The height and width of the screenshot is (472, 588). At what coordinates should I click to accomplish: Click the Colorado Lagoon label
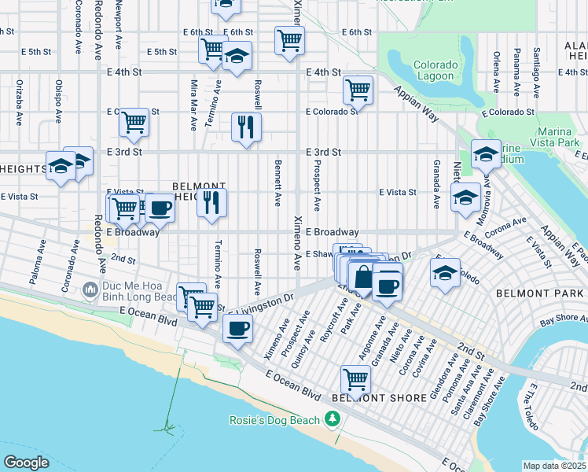[434, 70]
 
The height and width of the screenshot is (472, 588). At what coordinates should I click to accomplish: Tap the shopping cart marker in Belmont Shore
[356, 381]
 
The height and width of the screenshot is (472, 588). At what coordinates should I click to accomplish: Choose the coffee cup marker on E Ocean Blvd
[237, 329]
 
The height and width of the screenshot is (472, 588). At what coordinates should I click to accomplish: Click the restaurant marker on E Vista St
[211, 201]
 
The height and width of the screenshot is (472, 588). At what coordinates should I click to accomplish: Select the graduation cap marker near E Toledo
[445, 274]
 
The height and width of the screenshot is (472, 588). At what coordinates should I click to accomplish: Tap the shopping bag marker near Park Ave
[363, 278]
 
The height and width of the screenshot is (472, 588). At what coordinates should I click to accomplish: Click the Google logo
[25, 463]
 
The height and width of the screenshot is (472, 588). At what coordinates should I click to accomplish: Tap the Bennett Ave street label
[277, 183]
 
